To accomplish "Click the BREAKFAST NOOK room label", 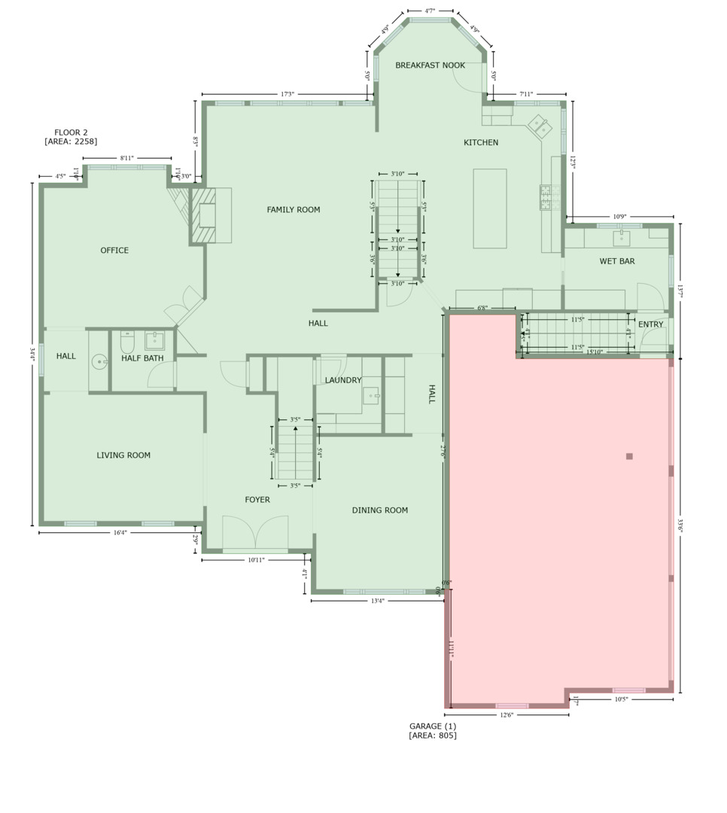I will [x=430, y=65].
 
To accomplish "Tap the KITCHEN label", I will [x=480, y=142].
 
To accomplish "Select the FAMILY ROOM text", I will [x=294, y=210].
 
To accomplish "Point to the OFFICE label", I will [x=114, y=251].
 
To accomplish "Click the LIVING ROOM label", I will [x=123, y=455].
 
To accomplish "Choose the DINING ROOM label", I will [x=379, y=510].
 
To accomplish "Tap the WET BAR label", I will [x=616, y=262].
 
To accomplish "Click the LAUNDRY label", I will [x=343, y=381].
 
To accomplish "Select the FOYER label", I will [x=257, y=500].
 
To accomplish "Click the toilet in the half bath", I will [x=127, y=343].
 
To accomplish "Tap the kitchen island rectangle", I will [x=489, y=209].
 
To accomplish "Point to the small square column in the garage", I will [x=629, y=456].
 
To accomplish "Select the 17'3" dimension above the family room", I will [x=287, y=95].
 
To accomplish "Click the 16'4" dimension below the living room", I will [x=120, y=533].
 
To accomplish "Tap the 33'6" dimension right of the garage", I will [x=680, y=525].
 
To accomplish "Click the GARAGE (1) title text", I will [x=433, y=726].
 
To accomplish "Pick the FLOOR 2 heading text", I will [x=71, y=132].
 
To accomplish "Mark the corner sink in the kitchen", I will [x=540, y=126].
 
